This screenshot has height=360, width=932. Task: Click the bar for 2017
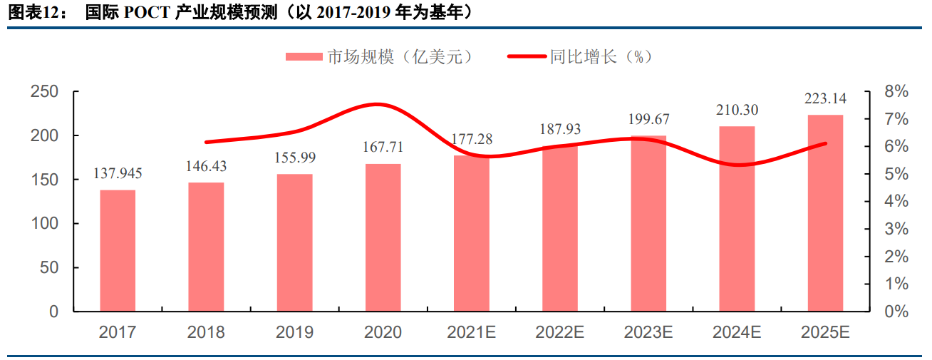118,251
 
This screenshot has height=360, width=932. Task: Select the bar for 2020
383,237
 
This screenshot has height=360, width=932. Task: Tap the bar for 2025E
825,213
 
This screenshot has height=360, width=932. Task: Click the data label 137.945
118,173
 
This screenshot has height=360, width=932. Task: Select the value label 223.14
825,98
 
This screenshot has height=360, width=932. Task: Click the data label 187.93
559,129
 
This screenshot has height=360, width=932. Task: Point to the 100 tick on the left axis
44,224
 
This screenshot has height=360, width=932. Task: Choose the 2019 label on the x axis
294,332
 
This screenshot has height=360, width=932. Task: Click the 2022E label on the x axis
559,332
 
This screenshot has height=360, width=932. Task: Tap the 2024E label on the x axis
737,332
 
